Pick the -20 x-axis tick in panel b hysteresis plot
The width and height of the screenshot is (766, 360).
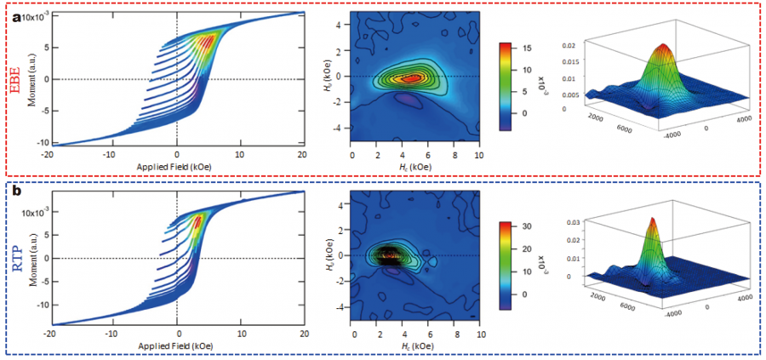(50, 334)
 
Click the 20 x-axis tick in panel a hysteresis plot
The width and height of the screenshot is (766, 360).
(302, 154)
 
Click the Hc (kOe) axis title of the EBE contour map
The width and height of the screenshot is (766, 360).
(415, 168)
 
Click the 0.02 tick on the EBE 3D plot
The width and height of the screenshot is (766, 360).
(569, 44)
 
